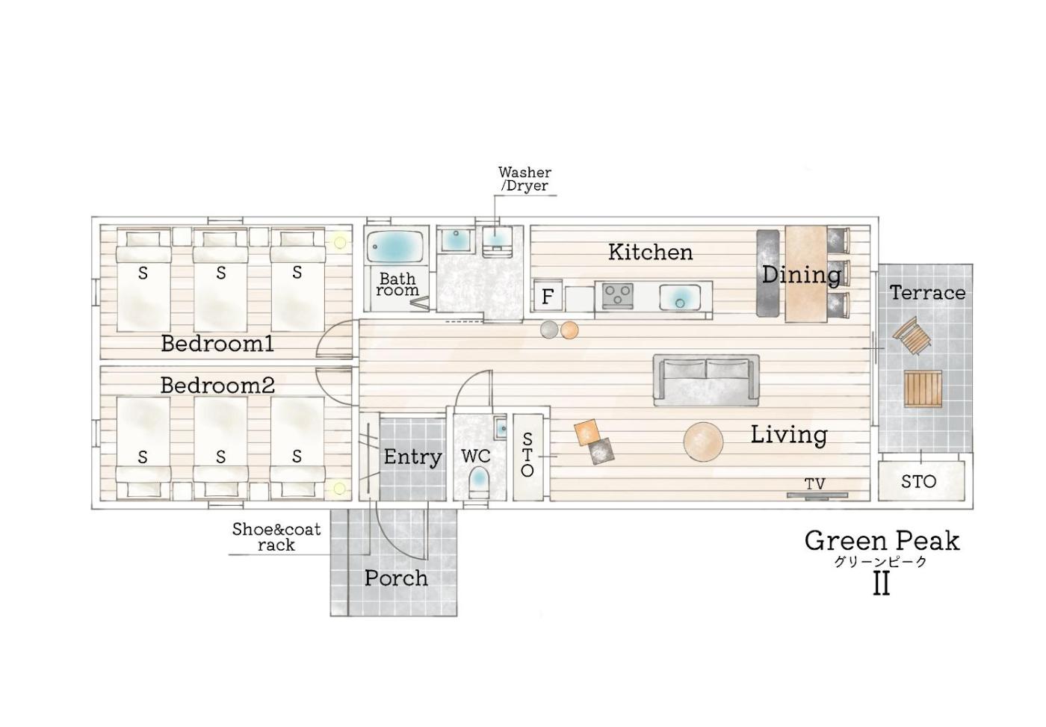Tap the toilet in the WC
pos(479,481)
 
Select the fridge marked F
pos(547,295)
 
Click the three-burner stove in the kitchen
pos(617,296)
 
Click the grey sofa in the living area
pos(706,380)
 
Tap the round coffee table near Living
pos(703,442)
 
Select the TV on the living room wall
pos(817,495)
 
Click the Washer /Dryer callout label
pos(524,179)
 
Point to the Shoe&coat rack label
pos(276,537)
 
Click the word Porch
pos(396,578)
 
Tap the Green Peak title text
pos(882,542)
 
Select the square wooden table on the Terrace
pos(923,389)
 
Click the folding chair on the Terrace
pos(912,335)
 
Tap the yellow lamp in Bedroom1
pos(340,242)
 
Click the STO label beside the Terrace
pos(918,481)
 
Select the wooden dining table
pos(806,274)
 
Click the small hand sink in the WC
pos(501,427)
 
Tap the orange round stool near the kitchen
pos(569,330)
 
